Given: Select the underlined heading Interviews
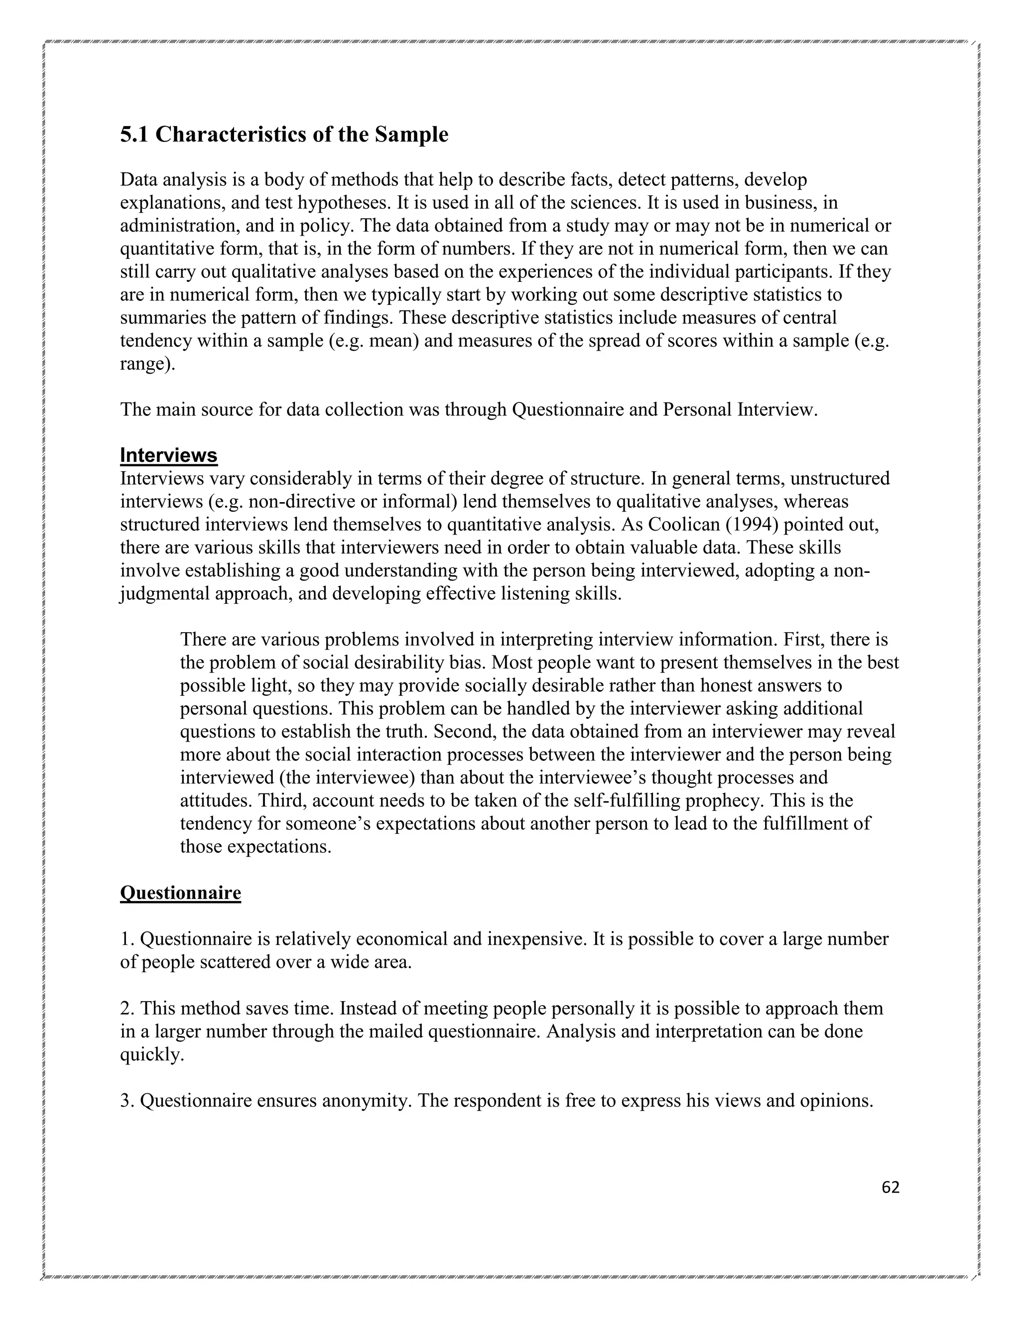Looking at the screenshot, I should tap(169, 455).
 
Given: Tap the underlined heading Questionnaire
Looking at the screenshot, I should tap(180, 893).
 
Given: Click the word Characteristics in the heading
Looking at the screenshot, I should tap(232, 134).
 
